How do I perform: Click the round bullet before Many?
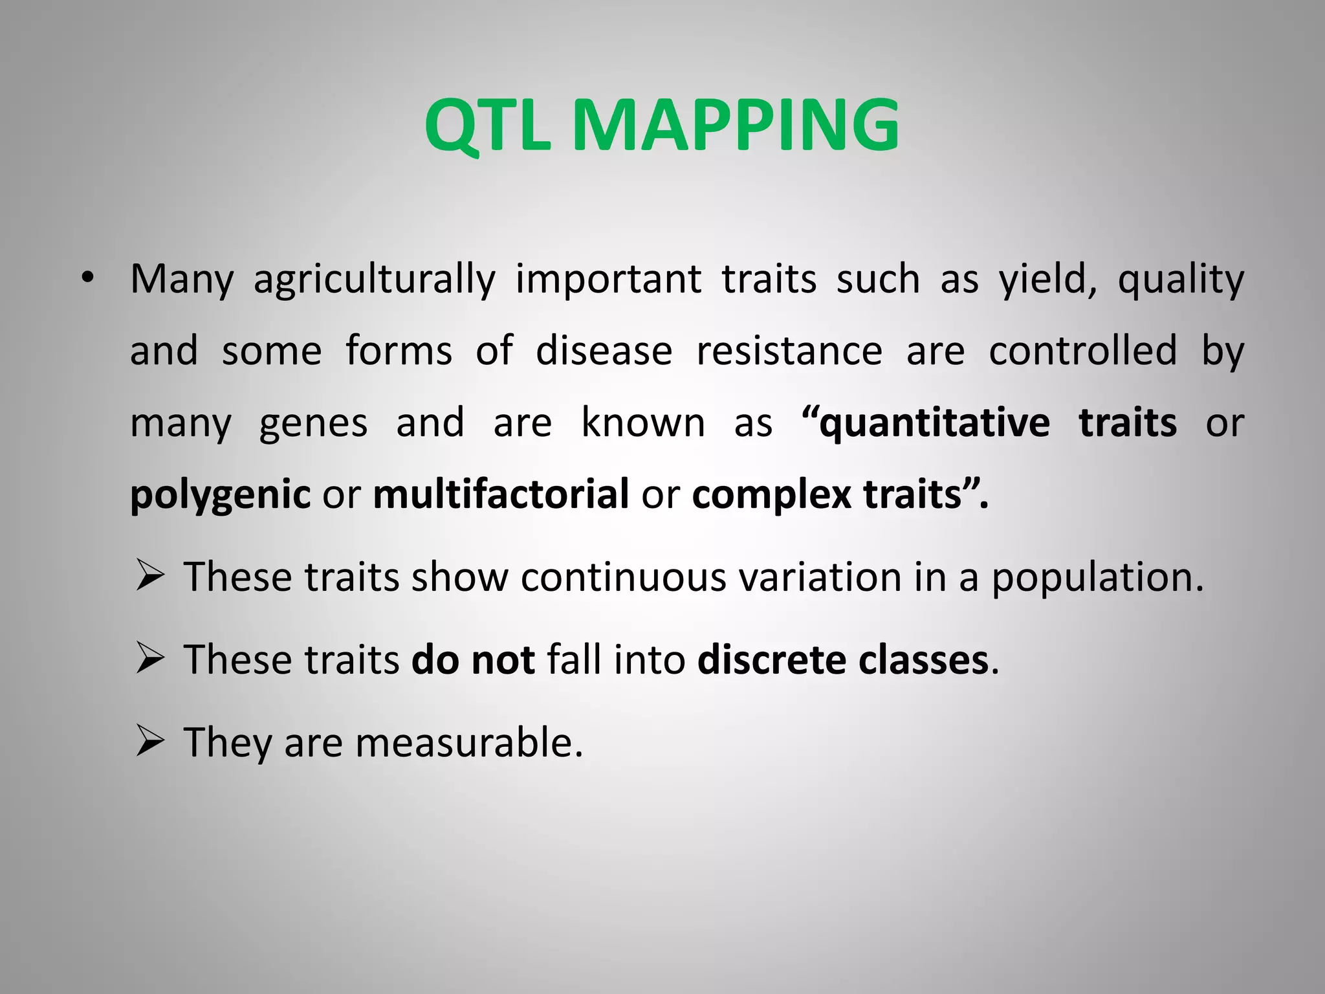87,279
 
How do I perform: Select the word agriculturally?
374,280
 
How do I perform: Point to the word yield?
1047,280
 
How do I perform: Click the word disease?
604,351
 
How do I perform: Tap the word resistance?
789,351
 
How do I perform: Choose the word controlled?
1082,351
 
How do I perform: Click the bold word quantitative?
934,424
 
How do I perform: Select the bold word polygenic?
220,496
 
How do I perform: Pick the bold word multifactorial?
501,494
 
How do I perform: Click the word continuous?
623,577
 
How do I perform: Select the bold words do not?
473,660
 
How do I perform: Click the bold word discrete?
771,660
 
